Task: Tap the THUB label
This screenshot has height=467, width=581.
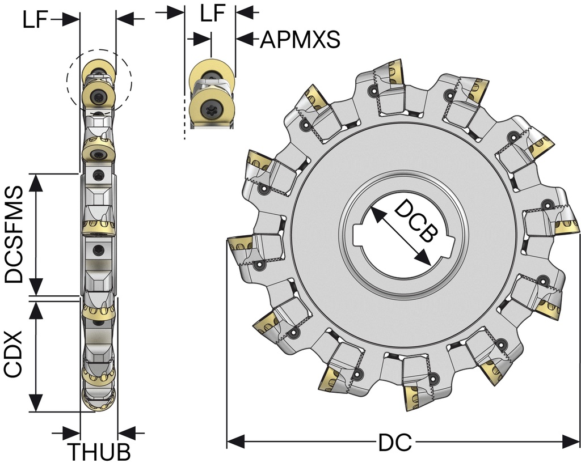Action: pyautogui.click(x=99, y=452)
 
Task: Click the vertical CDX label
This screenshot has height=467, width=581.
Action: pyautogui.click(x=14, y=354)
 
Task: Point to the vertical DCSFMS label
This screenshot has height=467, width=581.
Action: pyautogui.click(x=14, y=233)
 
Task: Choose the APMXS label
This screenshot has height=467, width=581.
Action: pyautogui.click(x=300, y=40)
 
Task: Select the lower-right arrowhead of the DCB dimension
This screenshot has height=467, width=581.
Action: pyautogui.click(x=423, y=258)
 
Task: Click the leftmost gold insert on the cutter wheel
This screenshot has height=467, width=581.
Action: pyautogui.click(x=239, y=245)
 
